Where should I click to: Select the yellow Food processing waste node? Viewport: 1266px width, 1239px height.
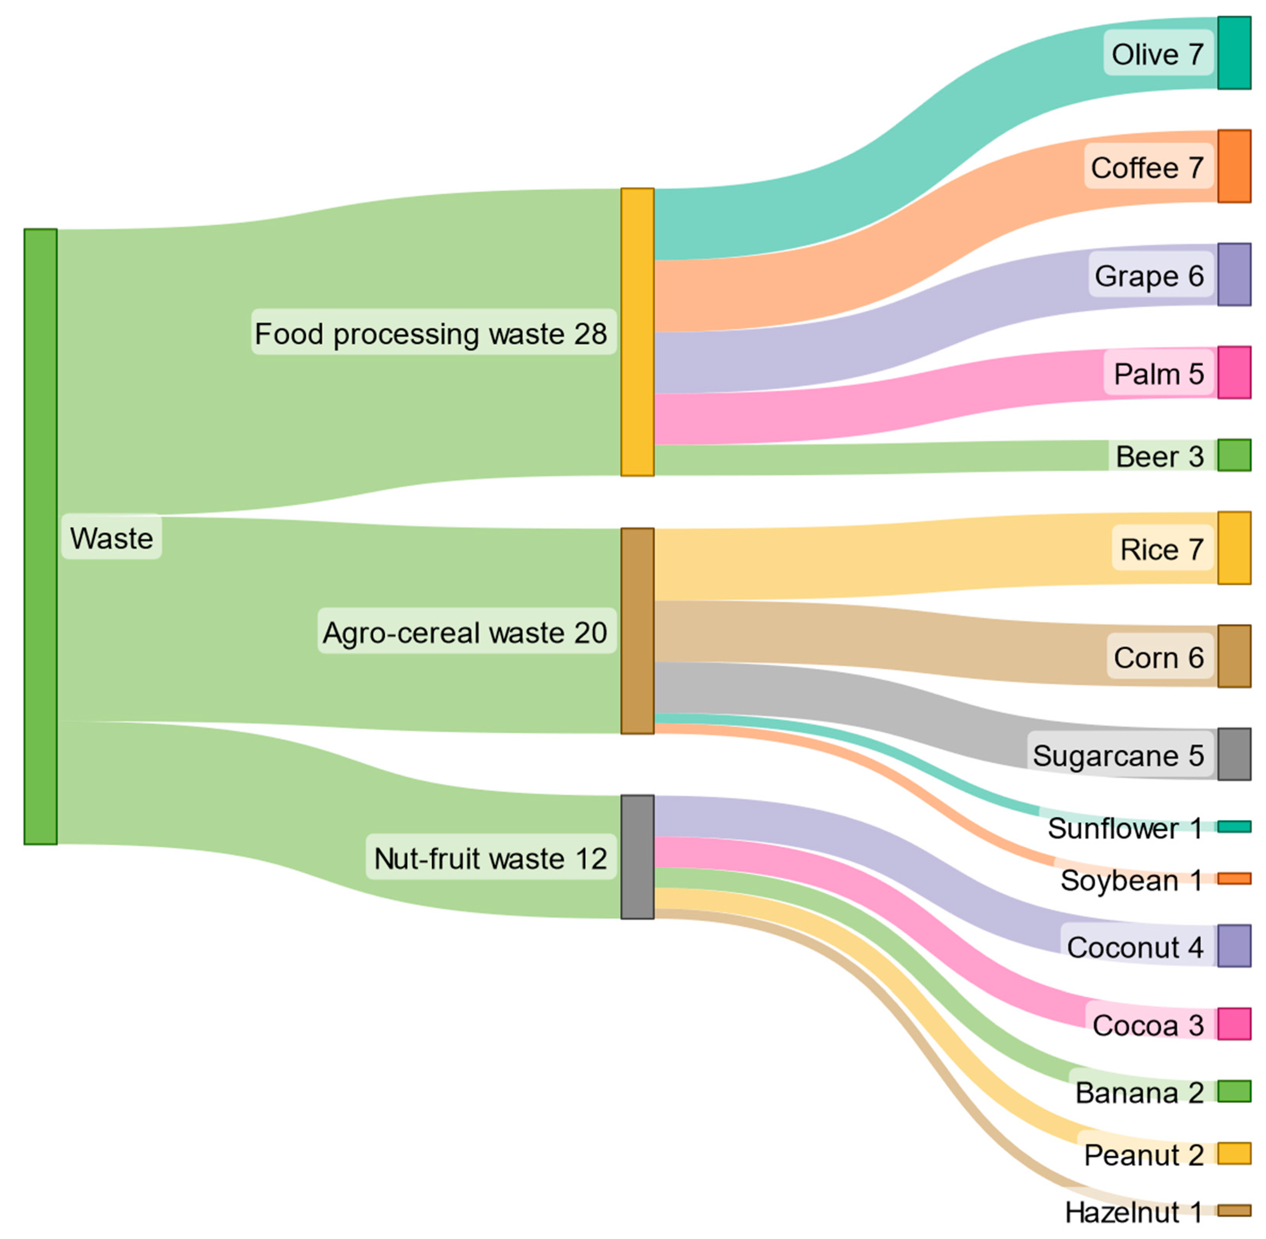637,332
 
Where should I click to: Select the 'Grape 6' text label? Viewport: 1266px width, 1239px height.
1149,276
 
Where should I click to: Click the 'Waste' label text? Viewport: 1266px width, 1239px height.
111,538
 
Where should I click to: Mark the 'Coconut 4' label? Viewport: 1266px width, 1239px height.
1135,947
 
